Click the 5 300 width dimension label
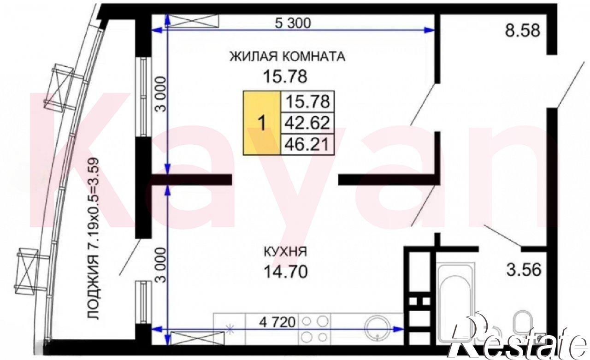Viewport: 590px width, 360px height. click(293, 23)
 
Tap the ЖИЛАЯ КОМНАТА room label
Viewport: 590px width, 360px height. click(287, 57)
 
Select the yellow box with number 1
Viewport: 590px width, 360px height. click(262, 123)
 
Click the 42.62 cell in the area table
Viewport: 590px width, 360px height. click(307, 123)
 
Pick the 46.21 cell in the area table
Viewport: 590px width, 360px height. click(307, 144)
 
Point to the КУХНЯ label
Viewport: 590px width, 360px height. click(285, 252)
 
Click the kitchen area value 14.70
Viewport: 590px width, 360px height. click(285, 271)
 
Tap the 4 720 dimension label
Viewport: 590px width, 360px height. click(277, 322)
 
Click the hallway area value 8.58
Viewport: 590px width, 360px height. click(523, 30)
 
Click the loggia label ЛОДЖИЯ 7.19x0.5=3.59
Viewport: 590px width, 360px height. click(93, 239)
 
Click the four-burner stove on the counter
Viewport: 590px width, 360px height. click(314, 329)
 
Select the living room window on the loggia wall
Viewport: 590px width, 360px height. click(143, 97)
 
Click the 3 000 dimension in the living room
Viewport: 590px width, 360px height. click(161, 94)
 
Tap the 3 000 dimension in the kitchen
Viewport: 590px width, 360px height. click(161, 265)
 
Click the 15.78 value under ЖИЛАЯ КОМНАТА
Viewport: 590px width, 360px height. click(285, 77)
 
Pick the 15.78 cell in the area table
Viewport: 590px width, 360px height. click(307, 102)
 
